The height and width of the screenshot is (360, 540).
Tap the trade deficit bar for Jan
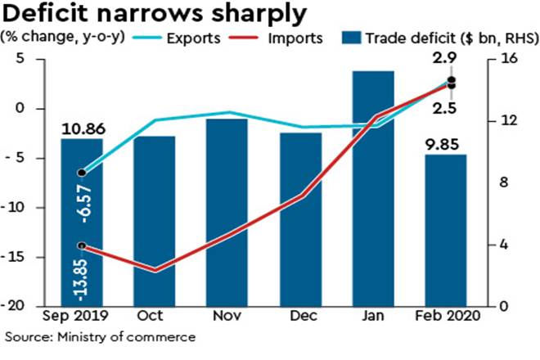pos(373,188)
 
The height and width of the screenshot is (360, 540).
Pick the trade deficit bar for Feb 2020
pos(445,229)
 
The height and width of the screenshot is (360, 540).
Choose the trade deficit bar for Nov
pos(227,213)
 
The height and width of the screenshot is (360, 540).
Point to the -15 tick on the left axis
pos(21,257)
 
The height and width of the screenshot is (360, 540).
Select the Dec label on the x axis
pos(300,315)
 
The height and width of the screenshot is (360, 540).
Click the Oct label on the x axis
pos(155,315)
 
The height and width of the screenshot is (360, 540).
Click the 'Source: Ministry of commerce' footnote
pos(101,336)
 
